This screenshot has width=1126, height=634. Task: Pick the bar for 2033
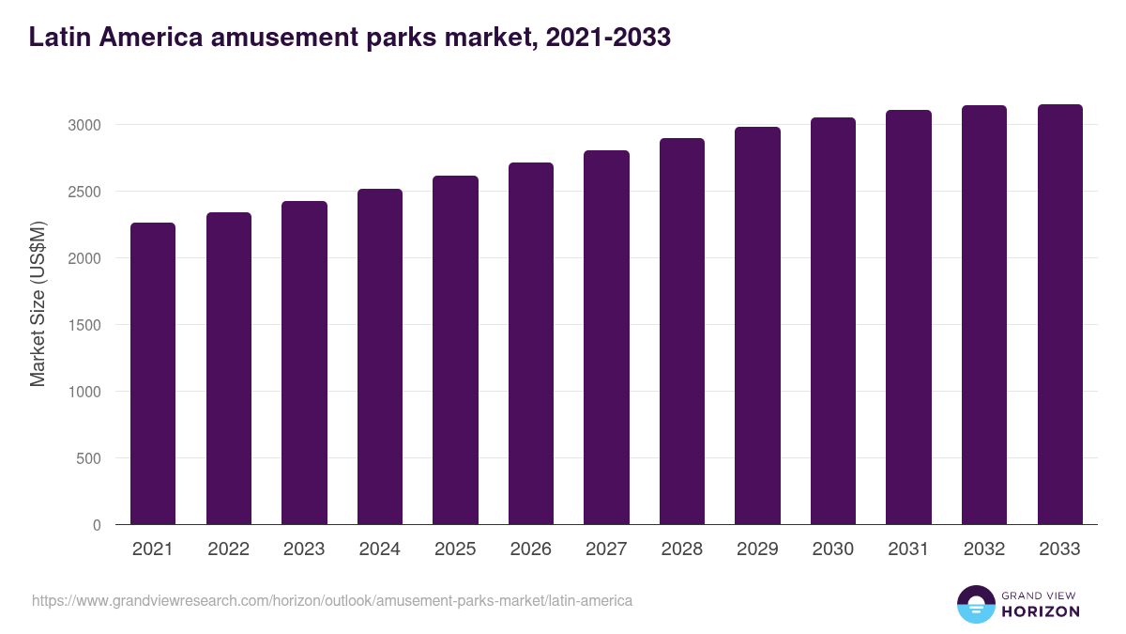pyautogui.click(x=1059, y=315)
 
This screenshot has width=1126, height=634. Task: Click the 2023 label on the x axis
pyautogui.click(x=304, y=549)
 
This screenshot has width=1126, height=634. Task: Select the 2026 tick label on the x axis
pyautogui.click(x=531, y=549)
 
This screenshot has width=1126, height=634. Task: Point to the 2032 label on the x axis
pyautogui.click(x=984, y=549)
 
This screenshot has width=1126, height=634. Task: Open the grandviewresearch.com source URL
pyautogui.click(x=332, y=600)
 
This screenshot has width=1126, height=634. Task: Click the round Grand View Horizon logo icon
pyautogui.click(x=975, y=604)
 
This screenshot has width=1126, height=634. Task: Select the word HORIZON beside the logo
pyautogui.click(x=1041, y=611)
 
